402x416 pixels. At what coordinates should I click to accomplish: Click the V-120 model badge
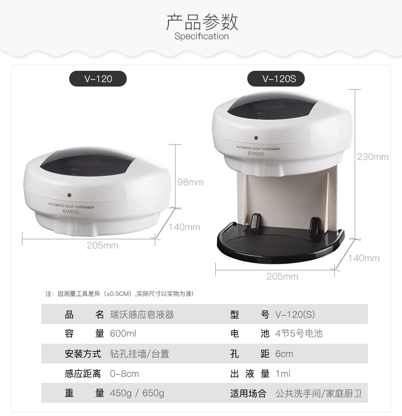click(x=98, y=78)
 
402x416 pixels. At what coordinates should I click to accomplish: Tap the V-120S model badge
click(x=276, y=78)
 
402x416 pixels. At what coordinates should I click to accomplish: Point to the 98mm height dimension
click(x=190, y=182)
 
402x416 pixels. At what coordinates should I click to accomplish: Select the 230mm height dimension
click(x=372, y=157)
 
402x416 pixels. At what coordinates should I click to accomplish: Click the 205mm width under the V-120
click(x=103, y=245)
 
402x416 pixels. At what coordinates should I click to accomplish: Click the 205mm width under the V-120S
click(x=282, y=276)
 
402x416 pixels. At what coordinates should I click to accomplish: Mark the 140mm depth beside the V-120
click(x=184, y=227)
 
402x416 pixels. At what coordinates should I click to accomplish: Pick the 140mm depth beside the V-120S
click(x=363, y=258)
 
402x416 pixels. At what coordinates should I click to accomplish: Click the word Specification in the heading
click(x=202, y=36)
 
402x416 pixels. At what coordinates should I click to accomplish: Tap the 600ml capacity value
click(x=123, y=334)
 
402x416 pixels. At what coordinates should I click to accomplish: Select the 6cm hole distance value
click(x=284, y=354)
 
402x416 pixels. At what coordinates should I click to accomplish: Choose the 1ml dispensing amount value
click(x=283, y=374)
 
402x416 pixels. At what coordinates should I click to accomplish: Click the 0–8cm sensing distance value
click(x=124, y=374)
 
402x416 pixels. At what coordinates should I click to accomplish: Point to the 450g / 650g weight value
click(x=137, y=393)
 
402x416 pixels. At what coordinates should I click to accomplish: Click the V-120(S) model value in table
click(x=295, y=314)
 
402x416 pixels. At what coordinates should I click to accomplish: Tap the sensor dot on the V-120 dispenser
click(x=69, y=195)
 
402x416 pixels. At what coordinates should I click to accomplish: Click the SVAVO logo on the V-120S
click(x=256, y=153)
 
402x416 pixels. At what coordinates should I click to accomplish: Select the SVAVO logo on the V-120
click(x=71, y=212)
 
